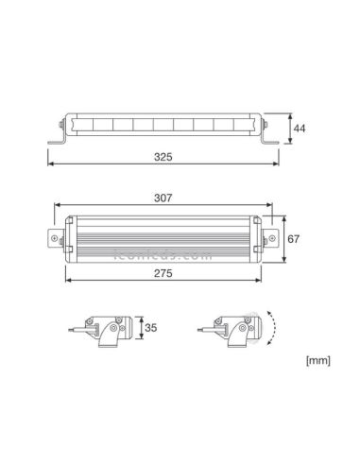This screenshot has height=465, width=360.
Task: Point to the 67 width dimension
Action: [x=293, y=239]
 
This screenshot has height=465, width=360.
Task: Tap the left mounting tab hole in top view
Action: [x=55, y=239]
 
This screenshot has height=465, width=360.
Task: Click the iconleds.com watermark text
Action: [x=163, y=253]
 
